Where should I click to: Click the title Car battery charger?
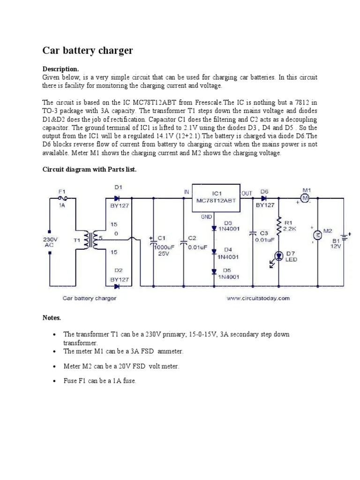(x=88, y=51)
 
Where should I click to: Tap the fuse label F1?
(x=61, y=191)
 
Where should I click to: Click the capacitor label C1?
(x=162, y=238)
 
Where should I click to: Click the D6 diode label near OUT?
(x=264, y=191)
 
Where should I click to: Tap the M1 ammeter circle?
(x=306, y=199)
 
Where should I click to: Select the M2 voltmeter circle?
(x=317, y=235)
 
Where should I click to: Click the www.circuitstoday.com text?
(x=258, y=298)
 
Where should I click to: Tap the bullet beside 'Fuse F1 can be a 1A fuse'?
(x=55, y=382)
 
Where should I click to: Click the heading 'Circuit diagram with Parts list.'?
(x=89, y=169)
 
